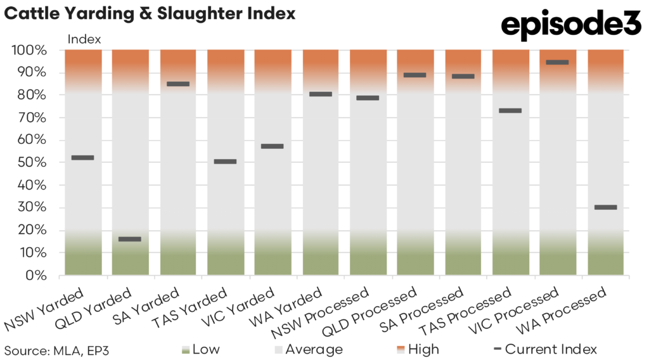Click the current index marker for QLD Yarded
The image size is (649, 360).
130,239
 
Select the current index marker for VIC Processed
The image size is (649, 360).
558,62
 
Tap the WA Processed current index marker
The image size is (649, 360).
605,207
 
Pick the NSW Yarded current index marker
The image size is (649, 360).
82,157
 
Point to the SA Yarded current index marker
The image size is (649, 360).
178,84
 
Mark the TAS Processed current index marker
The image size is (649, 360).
510,110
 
